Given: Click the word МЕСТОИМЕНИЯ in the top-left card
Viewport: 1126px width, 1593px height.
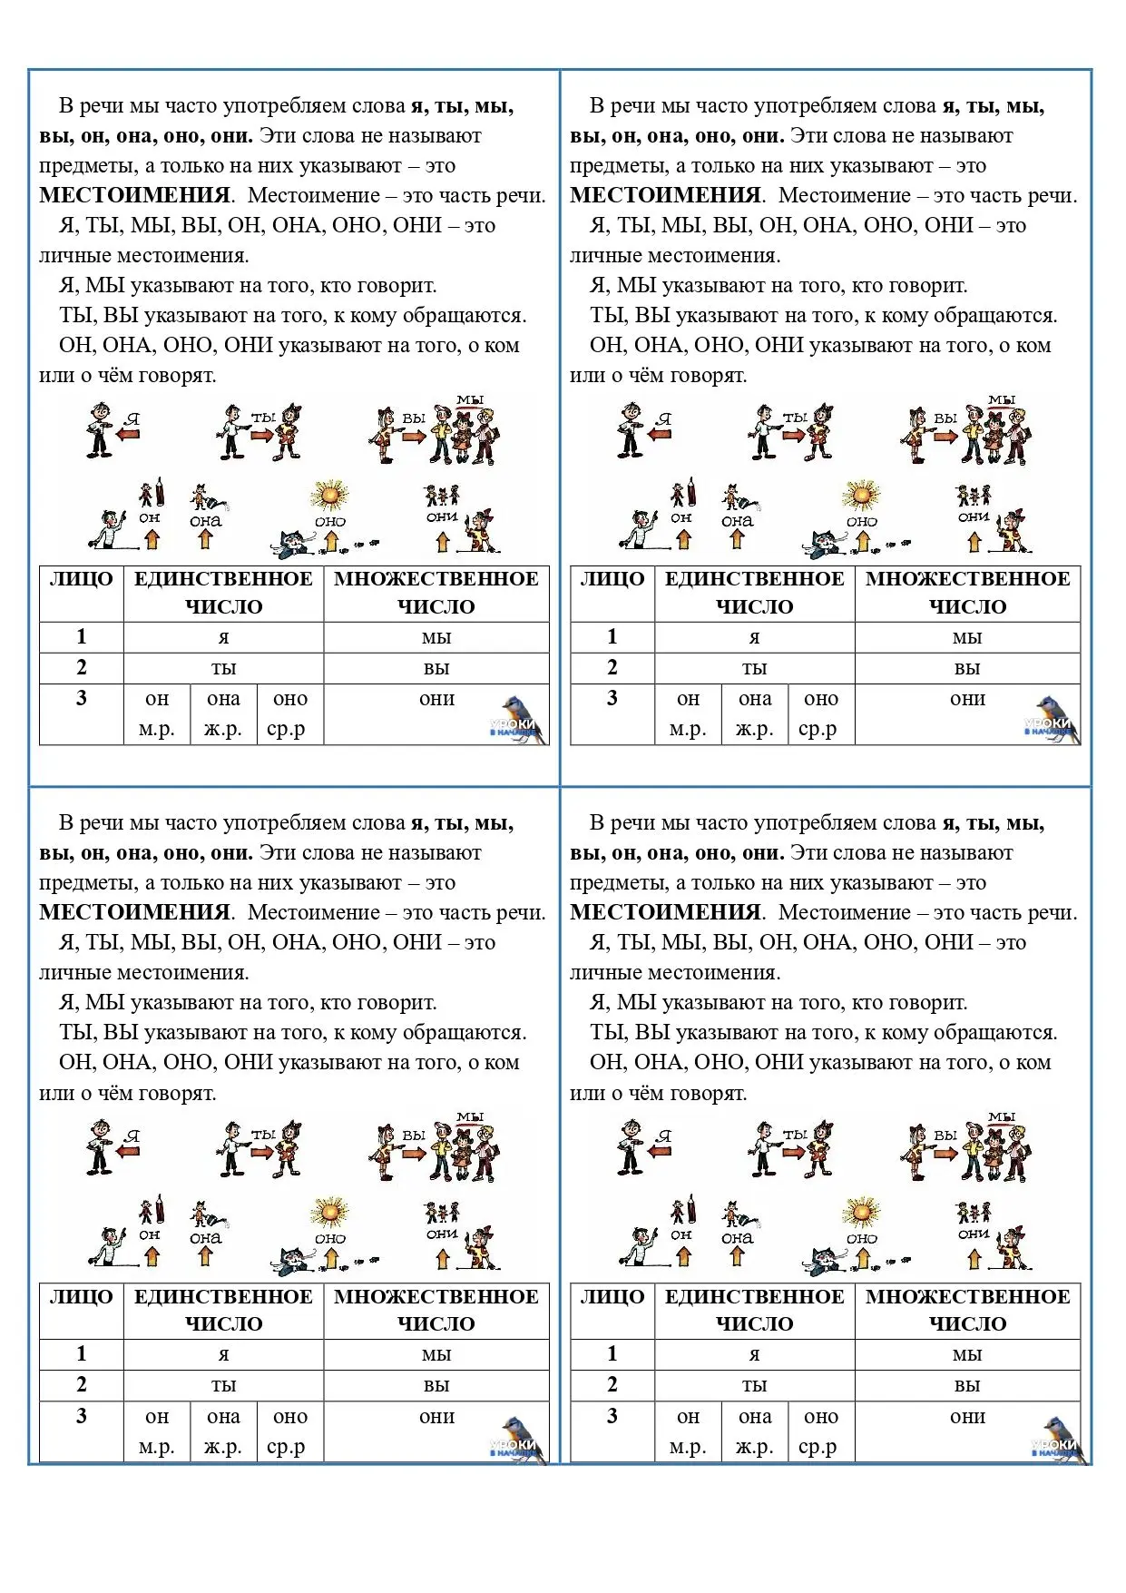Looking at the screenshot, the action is tap(134, 195).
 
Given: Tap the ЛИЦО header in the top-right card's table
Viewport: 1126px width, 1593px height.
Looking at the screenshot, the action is tap(612, 579).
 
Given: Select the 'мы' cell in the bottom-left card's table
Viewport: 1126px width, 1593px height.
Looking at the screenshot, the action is tap(436, 1354).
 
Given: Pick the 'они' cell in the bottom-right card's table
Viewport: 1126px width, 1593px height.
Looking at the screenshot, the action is tap(967, 1416).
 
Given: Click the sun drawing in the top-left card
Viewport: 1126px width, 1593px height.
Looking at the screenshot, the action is tap(329, 496).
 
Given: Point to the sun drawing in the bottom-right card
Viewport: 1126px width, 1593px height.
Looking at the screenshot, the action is tap(861, 1213).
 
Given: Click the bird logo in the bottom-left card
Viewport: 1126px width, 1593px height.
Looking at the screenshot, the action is tap(520, 1438).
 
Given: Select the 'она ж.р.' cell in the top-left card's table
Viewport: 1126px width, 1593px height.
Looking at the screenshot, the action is tap(223, 713).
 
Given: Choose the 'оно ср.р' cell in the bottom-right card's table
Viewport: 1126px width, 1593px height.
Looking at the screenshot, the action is tap(820, 1431).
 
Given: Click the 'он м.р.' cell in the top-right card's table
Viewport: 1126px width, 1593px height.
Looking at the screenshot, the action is tap(688, 713).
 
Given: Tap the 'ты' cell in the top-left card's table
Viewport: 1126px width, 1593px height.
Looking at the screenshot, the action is tap(223, 668).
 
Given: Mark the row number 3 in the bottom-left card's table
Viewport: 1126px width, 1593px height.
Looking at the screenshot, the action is tap(82, 1415).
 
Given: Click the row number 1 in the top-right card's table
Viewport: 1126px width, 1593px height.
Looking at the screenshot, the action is tap(612, 636).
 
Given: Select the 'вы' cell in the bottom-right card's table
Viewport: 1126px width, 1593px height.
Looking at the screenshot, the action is tap(967, 1385).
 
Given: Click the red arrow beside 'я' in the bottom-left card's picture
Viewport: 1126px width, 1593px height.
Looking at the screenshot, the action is tap(128, 1151).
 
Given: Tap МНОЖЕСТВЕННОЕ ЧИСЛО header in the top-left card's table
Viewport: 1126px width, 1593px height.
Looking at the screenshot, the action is tap(436, 593).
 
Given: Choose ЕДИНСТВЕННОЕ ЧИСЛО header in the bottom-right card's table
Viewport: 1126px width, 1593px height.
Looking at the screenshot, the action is tap(755, 1310).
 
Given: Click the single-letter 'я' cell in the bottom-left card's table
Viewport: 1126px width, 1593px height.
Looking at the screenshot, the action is tap(223, 1354).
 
